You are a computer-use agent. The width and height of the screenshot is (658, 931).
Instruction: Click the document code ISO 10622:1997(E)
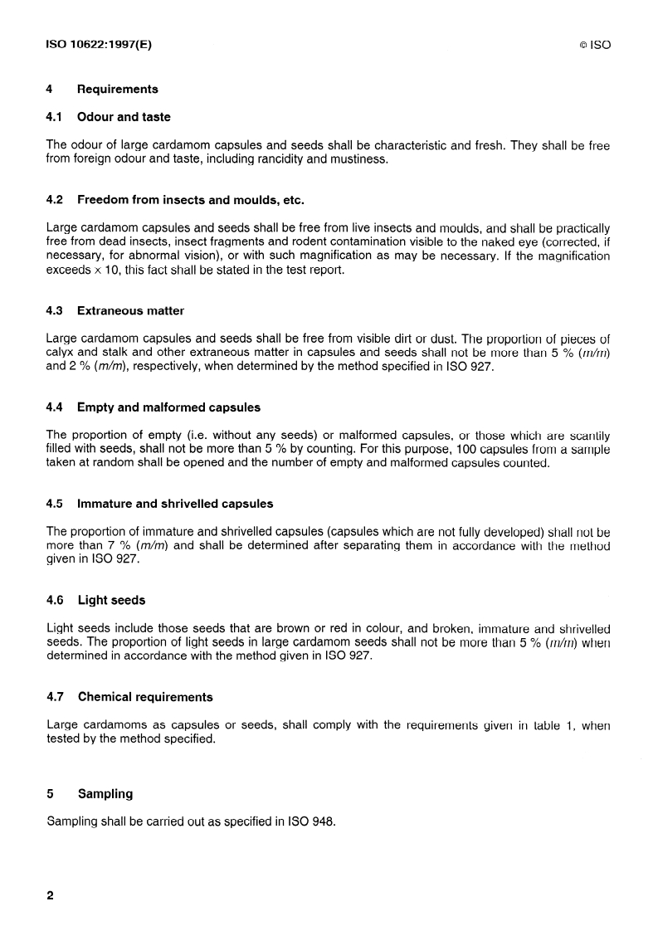(99, 45)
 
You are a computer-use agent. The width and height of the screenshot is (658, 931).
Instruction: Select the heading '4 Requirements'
(102, 89)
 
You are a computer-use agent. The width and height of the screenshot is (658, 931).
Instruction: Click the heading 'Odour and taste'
(124, 117)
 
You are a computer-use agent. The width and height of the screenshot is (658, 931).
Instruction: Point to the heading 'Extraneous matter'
(130, 310)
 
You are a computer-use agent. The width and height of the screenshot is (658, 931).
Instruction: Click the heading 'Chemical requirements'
(144, 697)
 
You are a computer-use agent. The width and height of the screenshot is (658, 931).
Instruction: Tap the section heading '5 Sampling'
(90, 794)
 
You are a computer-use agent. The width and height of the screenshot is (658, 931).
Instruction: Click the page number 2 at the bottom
(50, 895)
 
